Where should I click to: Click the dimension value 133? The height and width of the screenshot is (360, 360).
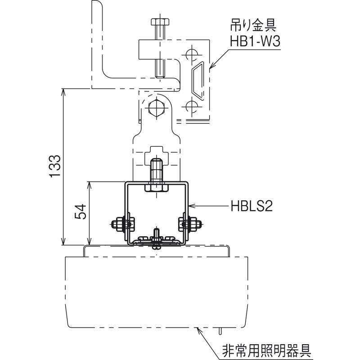[54, 167]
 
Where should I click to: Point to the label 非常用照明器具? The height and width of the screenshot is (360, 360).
[267, 350]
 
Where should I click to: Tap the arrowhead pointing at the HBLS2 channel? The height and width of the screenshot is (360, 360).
[191, 207]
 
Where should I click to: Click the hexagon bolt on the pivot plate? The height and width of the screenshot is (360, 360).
[156, 108]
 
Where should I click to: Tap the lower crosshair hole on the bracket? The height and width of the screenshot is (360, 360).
[191, 106]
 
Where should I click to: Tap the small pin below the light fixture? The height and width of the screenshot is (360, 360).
[220, 331]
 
